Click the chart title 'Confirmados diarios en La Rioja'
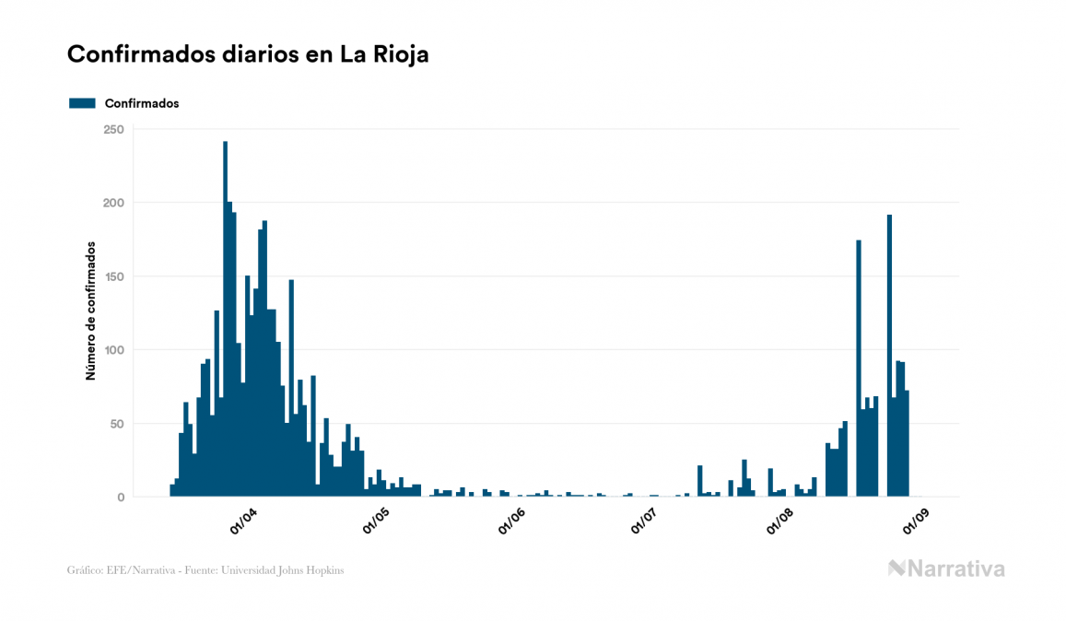click(248, 54)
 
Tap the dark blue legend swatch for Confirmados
click(83, 103)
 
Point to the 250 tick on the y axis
click(113, 129)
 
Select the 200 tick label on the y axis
click(113, 203)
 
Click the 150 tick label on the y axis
click(113, 276)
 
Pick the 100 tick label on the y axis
click(113, 350)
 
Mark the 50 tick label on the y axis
click(117, 424)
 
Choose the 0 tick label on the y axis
click(121, 498)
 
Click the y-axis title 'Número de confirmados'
click(90, 310)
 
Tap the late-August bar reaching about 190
click(889, 359)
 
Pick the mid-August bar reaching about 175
click(859, 369)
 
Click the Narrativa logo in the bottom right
click(946, 568)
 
